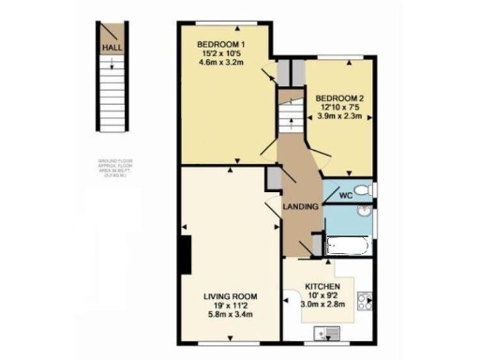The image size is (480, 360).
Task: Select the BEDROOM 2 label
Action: (x=340, y=97)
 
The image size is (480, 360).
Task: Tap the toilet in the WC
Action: (x=367, y=191)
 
